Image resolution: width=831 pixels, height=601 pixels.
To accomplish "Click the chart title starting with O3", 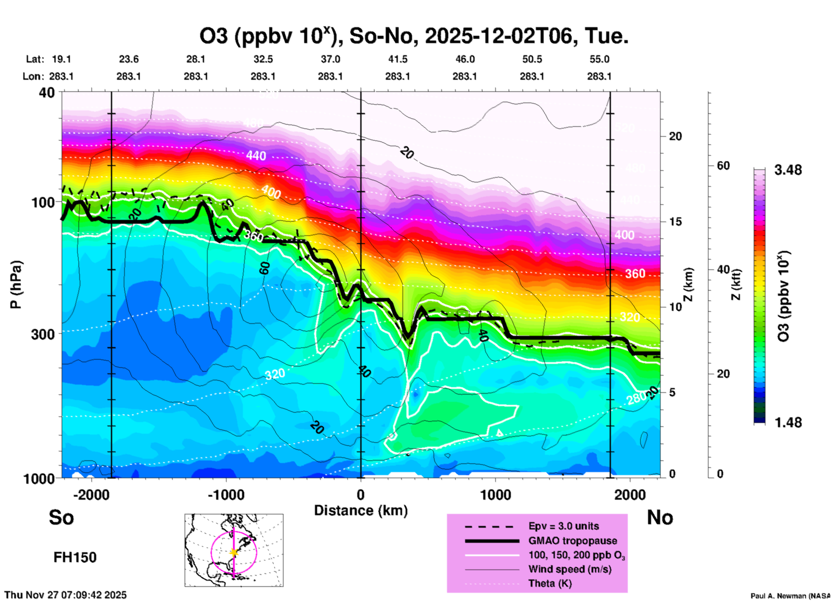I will click(413, 36).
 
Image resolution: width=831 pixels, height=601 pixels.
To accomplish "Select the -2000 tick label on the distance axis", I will click(91, 495).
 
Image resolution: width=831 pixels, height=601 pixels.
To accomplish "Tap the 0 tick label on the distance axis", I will click(361, 495).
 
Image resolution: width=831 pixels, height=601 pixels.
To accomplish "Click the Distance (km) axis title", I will click(361, 511).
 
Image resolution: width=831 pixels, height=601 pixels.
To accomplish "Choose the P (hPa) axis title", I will click(16, 284).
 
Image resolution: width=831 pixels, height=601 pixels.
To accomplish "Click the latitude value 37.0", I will click(330, 59).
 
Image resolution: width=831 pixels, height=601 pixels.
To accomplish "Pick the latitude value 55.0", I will click(599, 59).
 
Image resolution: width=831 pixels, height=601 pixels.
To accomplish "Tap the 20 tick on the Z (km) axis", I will click(675, 137).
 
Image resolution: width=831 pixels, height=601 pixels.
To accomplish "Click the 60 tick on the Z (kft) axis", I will click(723, 166).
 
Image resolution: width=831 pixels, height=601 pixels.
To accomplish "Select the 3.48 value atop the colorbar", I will click(788, 170).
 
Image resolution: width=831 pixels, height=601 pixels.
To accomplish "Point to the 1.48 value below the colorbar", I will click(788, 423).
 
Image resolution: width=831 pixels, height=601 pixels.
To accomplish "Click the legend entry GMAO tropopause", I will click(572, 541).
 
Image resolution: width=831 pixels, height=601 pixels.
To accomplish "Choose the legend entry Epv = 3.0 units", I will click(563, 526).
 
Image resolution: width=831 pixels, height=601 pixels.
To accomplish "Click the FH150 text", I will click(75, 557).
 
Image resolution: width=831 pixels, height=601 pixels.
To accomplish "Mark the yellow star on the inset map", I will click(234, 552).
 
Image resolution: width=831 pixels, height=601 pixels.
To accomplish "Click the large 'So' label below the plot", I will click(61, 517).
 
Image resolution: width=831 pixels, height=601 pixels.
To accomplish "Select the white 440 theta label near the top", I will click(256, 155).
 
